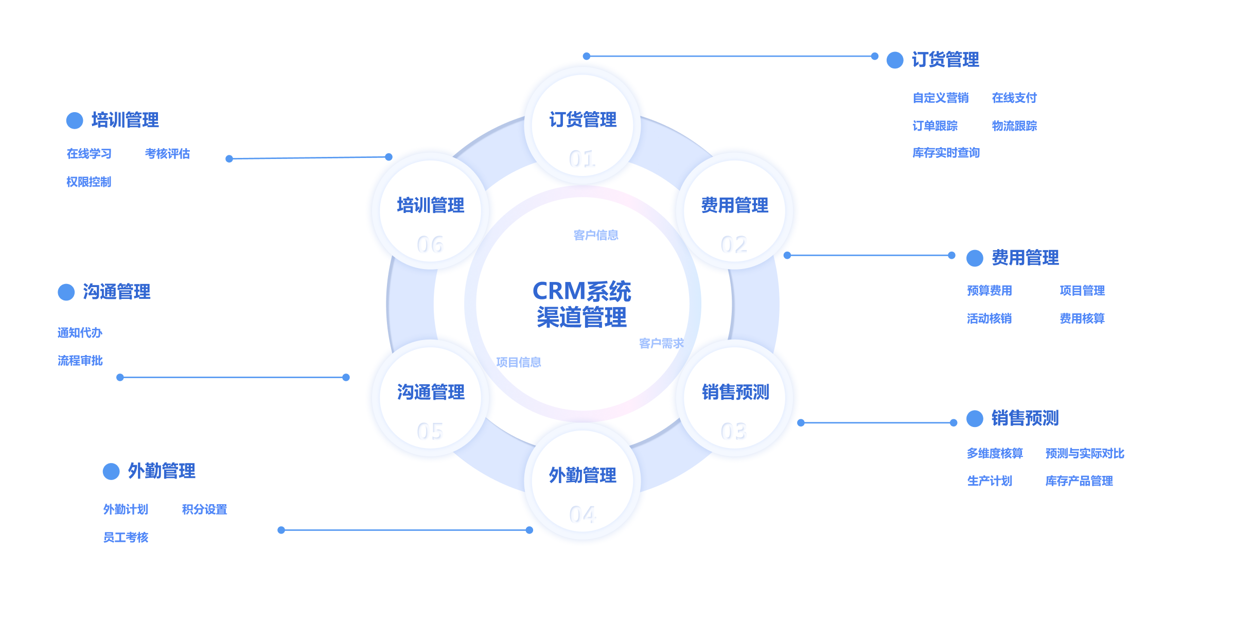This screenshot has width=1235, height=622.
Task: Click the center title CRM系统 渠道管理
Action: (582, 304)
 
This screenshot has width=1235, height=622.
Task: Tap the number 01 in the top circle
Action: (582, 159)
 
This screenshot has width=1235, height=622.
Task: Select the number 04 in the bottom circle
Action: (582, 514)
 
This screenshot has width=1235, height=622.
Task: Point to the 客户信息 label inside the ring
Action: (596, 235)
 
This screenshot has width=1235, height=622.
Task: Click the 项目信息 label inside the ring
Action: (519, 362)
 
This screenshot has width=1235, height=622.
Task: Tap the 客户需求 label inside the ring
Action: (661, 343)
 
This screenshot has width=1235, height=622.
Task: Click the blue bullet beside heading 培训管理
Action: (75, 120)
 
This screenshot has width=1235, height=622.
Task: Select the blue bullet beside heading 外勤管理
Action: (111, 471)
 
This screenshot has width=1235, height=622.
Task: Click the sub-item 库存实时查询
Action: (946, 153)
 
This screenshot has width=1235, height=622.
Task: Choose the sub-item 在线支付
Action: (1014, 98)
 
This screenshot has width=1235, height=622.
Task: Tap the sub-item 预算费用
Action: (990, 291)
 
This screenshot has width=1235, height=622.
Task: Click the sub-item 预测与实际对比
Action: (1085, 453)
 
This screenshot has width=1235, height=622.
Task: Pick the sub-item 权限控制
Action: (89, 182)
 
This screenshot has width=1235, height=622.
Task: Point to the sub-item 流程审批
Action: (80, 361)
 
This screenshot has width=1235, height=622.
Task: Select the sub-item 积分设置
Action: (204, 509)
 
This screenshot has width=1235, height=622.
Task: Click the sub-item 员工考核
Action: (126, 538)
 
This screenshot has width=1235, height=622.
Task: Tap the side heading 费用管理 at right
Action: (1025, 258)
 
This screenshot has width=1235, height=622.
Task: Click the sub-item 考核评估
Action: (167, 154)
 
